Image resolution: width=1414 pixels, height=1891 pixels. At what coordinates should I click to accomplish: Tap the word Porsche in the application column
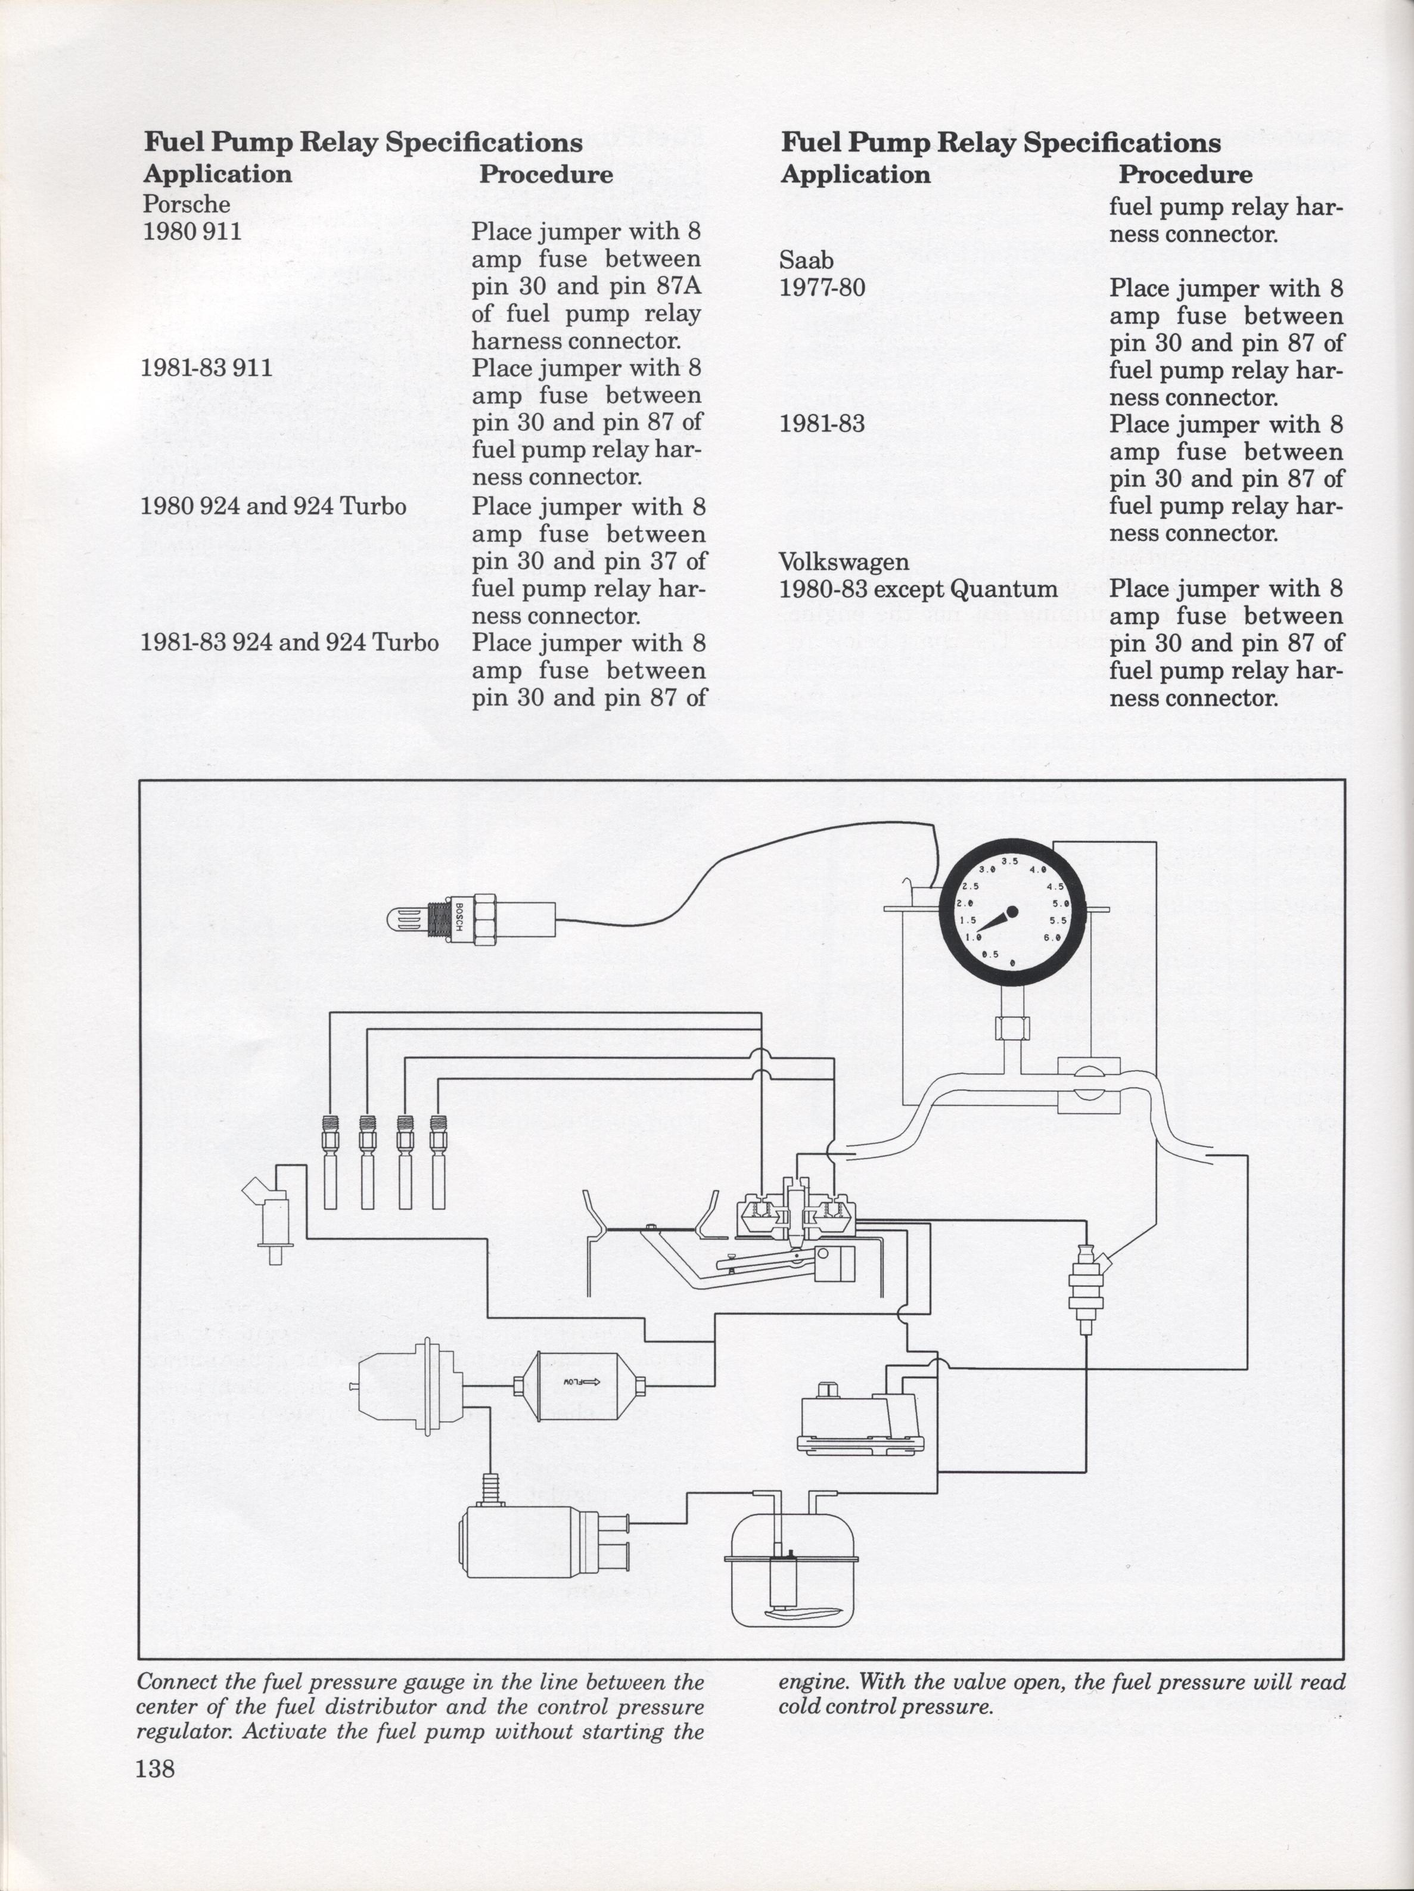[187, 205]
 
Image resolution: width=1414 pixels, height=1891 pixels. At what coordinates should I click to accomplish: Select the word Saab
[806, 260]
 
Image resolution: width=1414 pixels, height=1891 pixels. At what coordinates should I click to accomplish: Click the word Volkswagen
[844, 561]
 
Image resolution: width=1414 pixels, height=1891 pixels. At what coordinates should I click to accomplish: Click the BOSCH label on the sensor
[459, 919]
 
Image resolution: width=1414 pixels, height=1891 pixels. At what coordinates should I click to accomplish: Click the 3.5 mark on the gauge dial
[1009, 861]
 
